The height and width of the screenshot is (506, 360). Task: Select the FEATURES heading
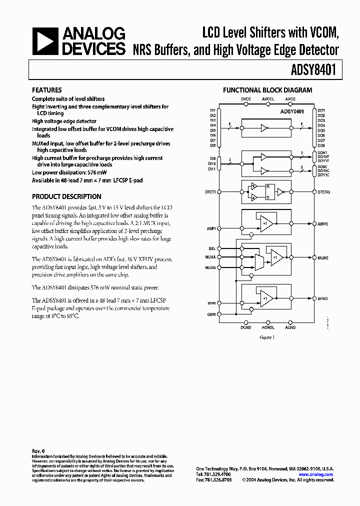[47, 90]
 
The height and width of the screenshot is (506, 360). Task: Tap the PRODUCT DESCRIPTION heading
[66, 196]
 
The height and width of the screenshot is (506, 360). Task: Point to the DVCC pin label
[246, 99]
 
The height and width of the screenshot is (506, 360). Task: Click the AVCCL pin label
[268, 99]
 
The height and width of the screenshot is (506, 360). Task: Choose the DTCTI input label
[210, 191]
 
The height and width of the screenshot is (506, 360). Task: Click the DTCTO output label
[323, 191]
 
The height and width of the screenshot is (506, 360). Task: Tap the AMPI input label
[211, 228]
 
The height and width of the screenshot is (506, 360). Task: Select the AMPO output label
[323, 224]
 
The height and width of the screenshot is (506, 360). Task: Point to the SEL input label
[212, 248]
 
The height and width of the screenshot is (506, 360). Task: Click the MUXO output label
[323, 258]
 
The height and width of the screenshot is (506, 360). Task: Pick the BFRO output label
[323, 298]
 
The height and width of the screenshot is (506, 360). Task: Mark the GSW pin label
[211, 314]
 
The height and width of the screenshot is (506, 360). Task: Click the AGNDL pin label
[268, 327]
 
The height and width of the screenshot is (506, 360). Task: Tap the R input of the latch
[266, 186]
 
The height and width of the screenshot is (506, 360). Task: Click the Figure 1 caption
[267, 337]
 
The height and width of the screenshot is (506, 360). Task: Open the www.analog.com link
[315, 474]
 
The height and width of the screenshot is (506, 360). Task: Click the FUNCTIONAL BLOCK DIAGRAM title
[267, 90]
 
